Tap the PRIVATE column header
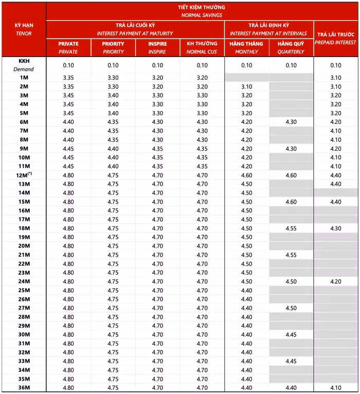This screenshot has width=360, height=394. [68, 47]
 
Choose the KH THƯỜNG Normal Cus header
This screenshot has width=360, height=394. [202, 47]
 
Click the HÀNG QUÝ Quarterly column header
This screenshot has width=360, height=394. [291, 47]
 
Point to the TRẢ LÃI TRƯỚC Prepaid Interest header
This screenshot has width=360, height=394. [336, 39]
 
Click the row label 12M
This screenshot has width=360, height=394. [24, 175]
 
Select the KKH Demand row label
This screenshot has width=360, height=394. [24, 65]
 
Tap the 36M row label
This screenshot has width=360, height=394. [24, 387]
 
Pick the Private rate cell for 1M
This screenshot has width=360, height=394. [68, 78]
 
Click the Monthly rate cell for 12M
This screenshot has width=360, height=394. [247, 175]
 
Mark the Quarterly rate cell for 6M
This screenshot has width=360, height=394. [291, 122]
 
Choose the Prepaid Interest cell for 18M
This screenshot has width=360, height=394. [336, 228]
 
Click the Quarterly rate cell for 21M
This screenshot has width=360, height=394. [291, 255]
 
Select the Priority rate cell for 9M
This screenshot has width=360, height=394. [113, 149]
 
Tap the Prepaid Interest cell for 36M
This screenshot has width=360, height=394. [336, 387]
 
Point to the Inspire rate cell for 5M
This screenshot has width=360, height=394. [157, 113]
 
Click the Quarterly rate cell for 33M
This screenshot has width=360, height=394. [291, 361]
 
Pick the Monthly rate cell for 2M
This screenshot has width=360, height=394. [247, 86]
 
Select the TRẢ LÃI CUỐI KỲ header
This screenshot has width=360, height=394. [135, 29]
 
